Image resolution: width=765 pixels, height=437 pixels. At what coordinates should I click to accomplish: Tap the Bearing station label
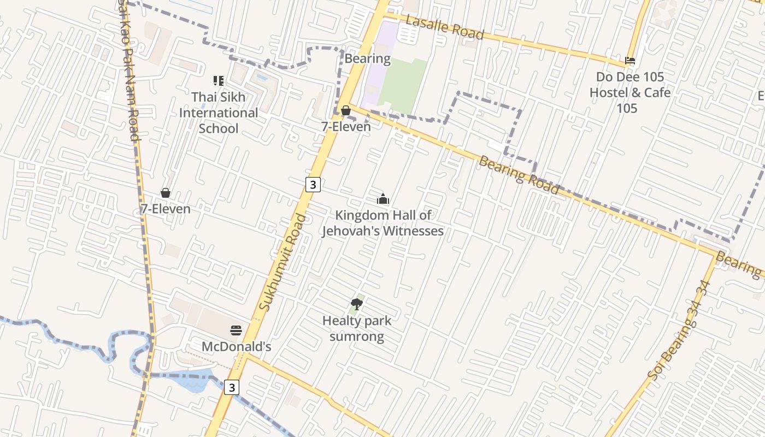pos(368,58)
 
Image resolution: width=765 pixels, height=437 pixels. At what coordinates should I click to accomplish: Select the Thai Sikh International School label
pos(219,113)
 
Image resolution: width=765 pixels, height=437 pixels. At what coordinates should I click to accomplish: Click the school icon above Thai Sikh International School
pos(219,81)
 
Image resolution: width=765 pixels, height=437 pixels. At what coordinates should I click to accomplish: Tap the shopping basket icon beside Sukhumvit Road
pos(346,111)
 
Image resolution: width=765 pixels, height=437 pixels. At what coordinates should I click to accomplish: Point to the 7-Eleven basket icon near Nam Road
pos(166,193)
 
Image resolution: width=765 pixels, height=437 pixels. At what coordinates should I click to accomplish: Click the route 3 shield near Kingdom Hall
pos(313,185)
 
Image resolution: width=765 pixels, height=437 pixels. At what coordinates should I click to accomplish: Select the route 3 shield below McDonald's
pos(232,387)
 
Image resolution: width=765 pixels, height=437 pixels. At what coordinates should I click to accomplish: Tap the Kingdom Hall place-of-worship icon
pos(383,199)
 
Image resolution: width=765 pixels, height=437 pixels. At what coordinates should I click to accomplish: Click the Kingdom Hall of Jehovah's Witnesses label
pos(382,223)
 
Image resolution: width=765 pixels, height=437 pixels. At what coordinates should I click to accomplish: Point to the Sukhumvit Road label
pos(283,262)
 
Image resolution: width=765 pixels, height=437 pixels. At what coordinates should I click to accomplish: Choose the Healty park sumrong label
pos(357,328)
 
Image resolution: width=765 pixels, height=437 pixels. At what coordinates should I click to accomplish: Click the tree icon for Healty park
pos(357,304)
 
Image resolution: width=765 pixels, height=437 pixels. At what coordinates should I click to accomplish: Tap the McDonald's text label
pos(236,347)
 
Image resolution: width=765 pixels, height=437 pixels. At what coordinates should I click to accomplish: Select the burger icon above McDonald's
pos(236,330)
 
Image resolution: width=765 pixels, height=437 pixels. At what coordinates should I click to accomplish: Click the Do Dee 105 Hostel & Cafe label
pos(629,92)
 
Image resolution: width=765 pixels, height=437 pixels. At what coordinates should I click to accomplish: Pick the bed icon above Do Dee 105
pos(630,61)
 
